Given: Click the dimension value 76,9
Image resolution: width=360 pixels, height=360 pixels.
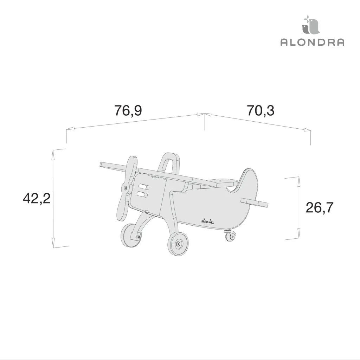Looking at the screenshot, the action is point(128,110).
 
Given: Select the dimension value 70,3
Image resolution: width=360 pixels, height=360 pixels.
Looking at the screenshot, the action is point(261,110).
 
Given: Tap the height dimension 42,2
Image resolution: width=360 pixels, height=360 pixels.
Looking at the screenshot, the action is point(37,198).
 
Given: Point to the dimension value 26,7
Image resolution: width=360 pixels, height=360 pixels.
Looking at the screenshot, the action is point(319,207).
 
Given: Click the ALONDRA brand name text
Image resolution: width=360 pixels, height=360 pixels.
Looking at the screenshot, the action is point(312,42).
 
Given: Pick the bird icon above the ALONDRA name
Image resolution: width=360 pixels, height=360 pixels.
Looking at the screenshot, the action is point(310,25).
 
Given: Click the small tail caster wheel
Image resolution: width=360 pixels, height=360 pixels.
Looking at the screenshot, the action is point(231,236).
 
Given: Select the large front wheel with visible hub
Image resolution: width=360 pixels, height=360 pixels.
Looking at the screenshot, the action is point(178,243).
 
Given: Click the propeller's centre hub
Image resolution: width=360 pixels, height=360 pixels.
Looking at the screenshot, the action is point(125,188).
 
